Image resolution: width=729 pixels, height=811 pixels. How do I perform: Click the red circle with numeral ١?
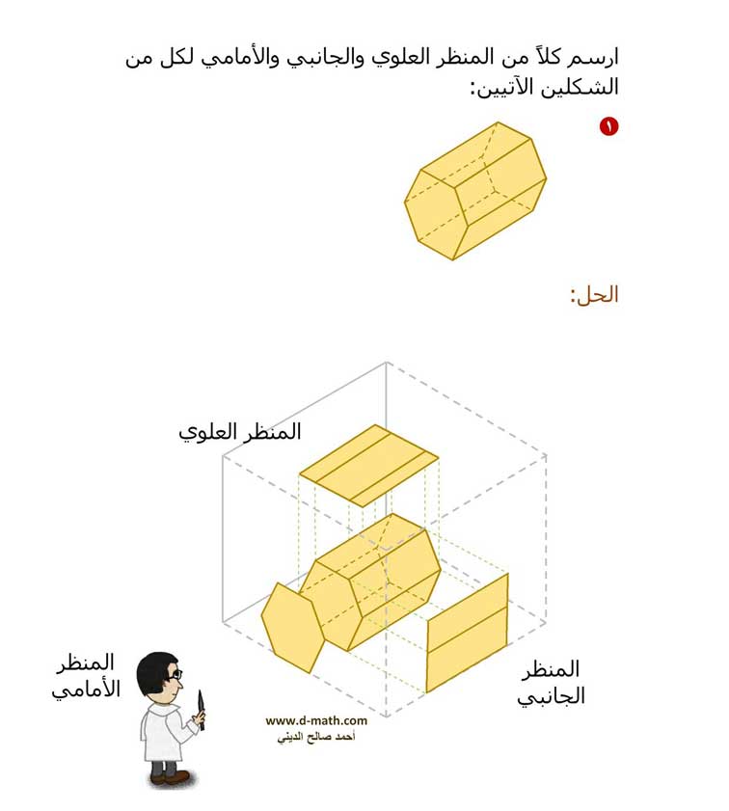point(608,126)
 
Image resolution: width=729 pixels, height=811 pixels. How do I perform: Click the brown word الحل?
point(596,295)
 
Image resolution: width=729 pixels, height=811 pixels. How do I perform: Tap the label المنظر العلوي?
point(239,433)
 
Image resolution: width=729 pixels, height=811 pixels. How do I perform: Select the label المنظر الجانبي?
point(552,683)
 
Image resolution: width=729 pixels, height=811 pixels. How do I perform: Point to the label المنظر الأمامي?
point(86,676)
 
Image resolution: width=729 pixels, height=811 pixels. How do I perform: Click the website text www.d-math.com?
point(316,720)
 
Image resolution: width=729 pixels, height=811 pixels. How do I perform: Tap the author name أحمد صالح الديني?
point(316,737)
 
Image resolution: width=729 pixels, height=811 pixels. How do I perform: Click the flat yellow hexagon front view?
point(293,628)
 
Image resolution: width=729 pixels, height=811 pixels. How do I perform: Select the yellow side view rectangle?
point(467,633)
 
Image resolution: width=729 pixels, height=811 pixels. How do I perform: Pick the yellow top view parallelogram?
point(368,466)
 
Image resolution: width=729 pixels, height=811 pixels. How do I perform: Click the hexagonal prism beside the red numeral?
point(475,191)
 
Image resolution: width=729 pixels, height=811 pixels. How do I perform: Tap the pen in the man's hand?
point(202,710)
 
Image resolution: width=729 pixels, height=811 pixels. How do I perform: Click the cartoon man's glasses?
point(175,674)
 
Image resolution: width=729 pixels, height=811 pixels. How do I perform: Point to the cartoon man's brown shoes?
point(171,777)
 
